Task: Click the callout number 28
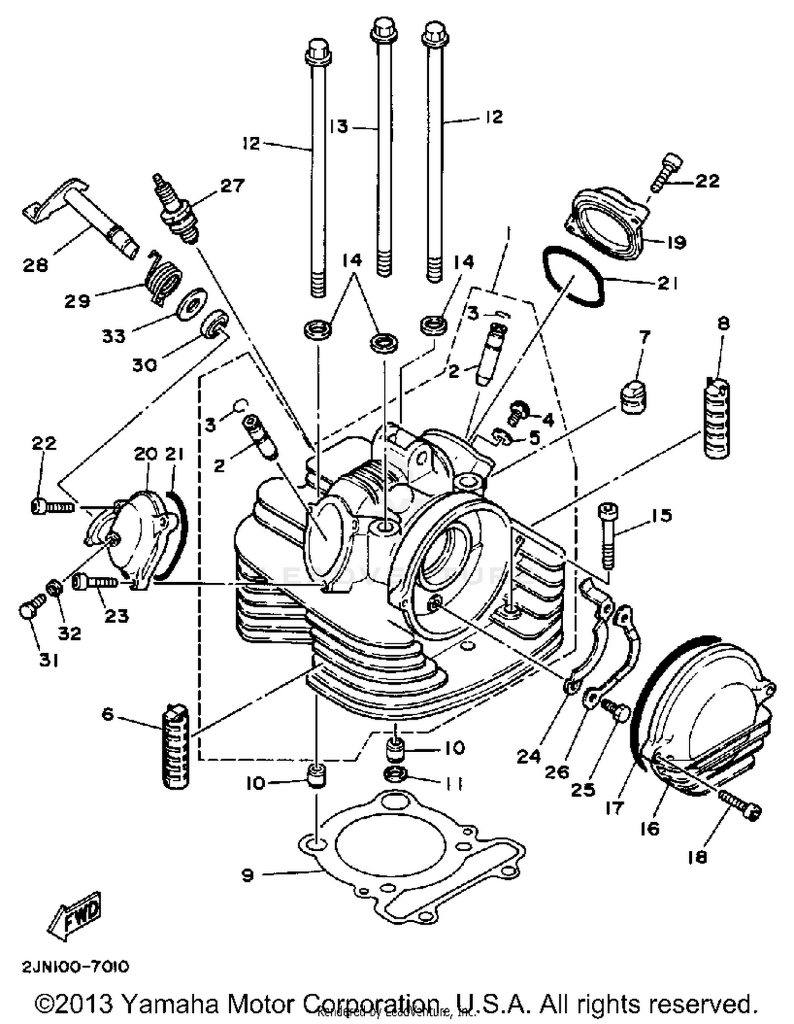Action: [35, 265]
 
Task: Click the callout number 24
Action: [529, 756]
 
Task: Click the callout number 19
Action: [675, 243]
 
